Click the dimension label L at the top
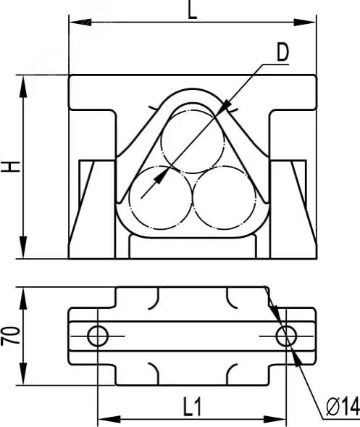click(193, 10)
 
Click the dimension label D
click(282, 52)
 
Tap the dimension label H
click(11, 167)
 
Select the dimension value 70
click(11, 336)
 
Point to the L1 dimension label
click(192, 407)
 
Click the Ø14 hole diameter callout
click(343, 407)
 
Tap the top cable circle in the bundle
click(193, 141)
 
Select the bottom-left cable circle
click(161, 198)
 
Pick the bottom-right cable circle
click(225, 198)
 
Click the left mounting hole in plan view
click(98, 336)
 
